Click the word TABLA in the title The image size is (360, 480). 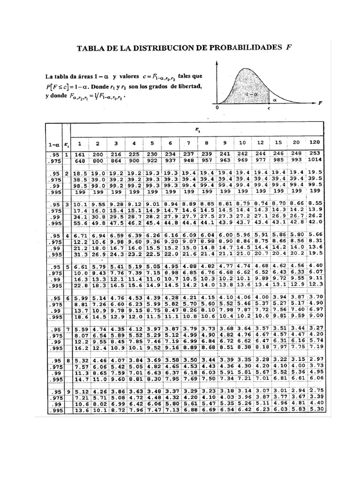click(x=91, y=48)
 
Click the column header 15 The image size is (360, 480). click(x=278, y=142)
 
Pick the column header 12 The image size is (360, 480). click(x=261, y=142)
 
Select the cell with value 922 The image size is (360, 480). click(x=152, y=160)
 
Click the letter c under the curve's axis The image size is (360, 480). click(x=269, y=107)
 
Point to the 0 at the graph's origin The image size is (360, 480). click(x=217, y=107)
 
